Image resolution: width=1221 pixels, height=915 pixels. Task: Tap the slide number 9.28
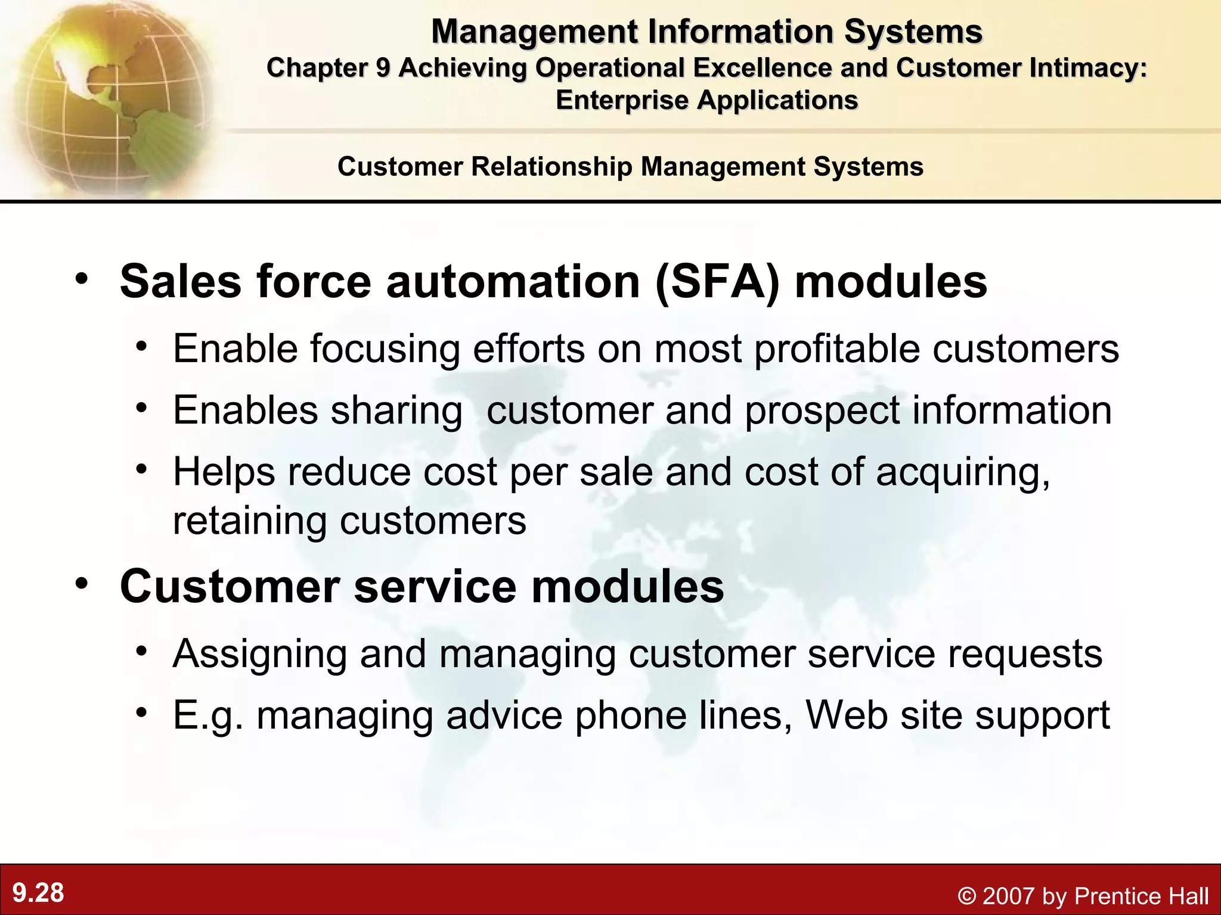pyautogui.click(x=38, y=893)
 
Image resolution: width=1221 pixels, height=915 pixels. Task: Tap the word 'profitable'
pyautogui.click(x=837, y=348)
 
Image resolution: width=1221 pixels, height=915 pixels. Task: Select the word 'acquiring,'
pyautogui.click(x=963, y=472)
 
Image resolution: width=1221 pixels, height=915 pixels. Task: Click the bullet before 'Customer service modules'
pyautogui.click(x=82, y=583)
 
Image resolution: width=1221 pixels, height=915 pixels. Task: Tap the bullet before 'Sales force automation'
pyautogui.click(x=82, y=278)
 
